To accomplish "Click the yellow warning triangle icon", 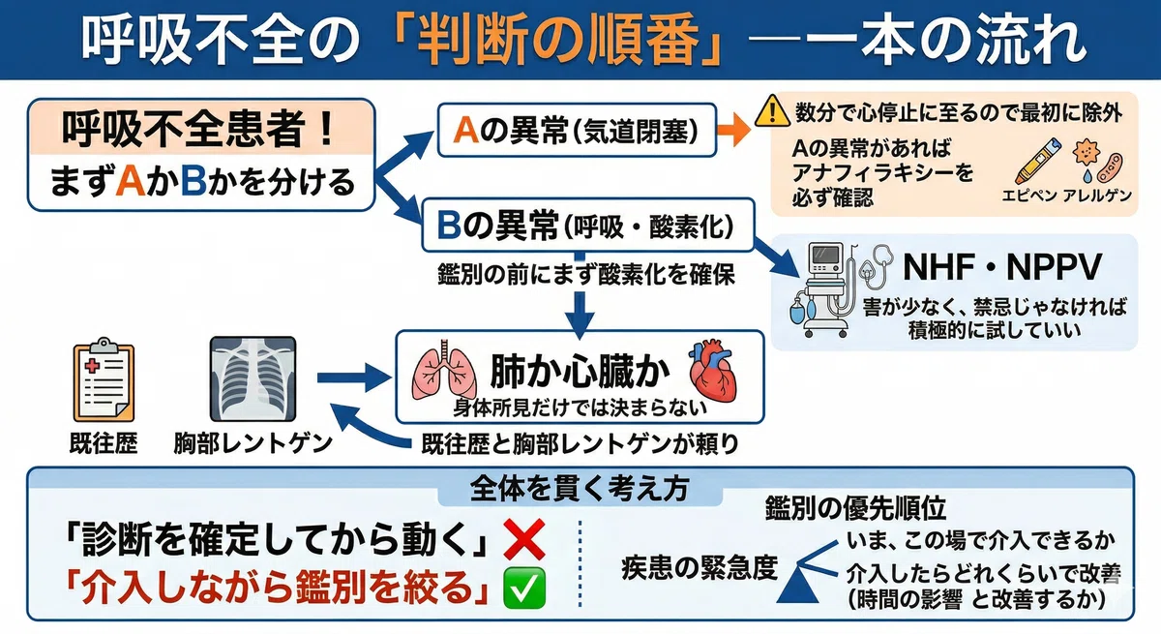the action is pyautogui.click(x=772, y=111).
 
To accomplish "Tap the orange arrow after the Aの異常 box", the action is pyautogui.click(x=733, y=130).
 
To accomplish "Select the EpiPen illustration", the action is pyautogui.click(x=1037, y=161).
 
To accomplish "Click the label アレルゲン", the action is pyautogui.click(x=1097, y=196).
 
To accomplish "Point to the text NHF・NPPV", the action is pyautogui.click(x=1001, y=267).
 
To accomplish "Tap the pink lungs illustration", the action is pyautogui.click(x=444, y=370).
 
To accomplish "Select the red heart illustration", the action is pyautogui.click(x=712, y=370).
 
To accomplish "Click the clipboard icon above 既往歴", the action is pyautogui.click(x=104, y=380).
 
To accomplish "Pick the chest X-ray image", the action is pyautogui.click(x=253, y=379).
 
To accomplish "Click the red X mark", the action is pyautogui.click(x=524, y=540).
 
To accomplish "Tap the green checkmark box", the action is pyautogui.click(x=524, y=588).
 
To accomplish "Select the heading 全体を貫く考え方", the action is pyautogui.click(x=580, y=489).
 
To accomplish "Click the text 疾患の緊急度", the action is pyautogui.click(x=700, y=567).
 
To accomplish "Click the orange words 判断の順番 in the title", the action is pyautogui.click(x=556, y=40).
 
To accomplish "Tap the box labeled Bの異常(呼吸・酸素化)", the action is pyautogui.click(x=588, y=225).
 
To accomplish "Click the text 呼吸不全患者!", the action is pyautogui.click(x=199, y=128).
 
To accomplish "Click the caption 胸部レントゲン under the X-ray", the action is pyautogui.click(x=253, y=443).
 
